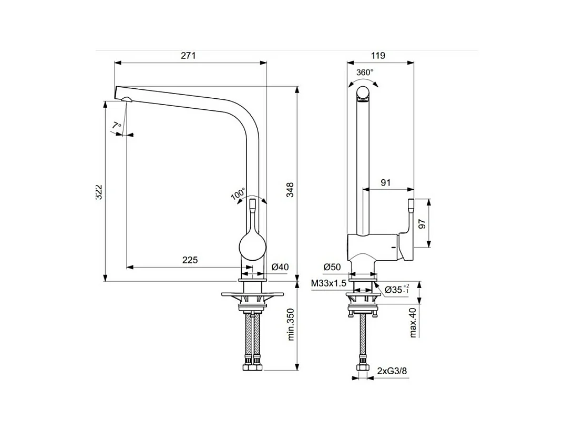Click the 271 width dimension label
pyautogui.click(x=188, y=55)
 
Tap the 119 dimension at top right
pyautogui.click(x=378, y=55)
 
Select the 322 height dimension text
pyautogui.click(x=99, y=192)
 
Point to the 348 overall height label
pyautogui.click(x=290, y=190)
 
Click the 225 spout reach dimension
pyautogui.click(x=190, y=260)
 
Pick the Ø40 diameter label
pyautogui.click(x=280, y=267)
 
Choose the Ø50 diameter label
pyautogui.click(x=332, y=267)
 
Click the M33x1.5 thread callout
pyautogui.click(x=328, y=283)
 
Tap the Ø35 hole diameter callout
pyautogui.click(x=397, y=290)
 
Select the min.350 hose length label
pyautogui.click(x=291, y=325)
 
